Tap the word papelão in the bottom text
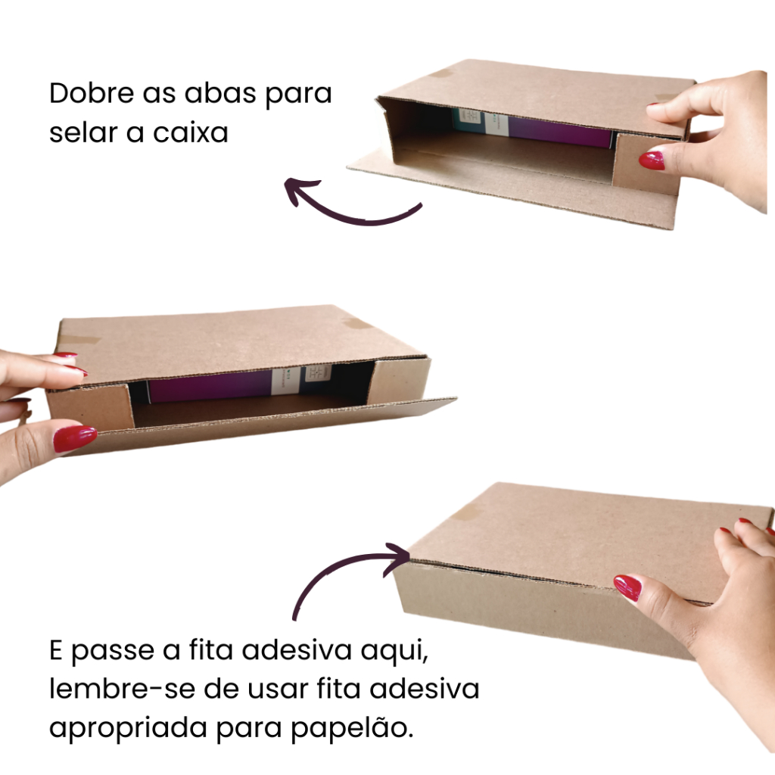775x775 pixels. (351, 728)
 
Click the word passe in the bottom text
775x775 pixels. (113, 651)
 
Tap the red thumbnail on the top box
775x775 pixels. (652, 160)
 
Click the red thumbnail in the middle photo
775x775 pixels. (75, 439)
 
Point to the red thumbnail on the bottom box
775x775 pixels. (627, 587)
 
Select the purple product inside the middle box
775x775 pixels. (210, 385)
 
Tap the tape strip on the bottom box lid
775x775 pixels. (467, 512)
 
